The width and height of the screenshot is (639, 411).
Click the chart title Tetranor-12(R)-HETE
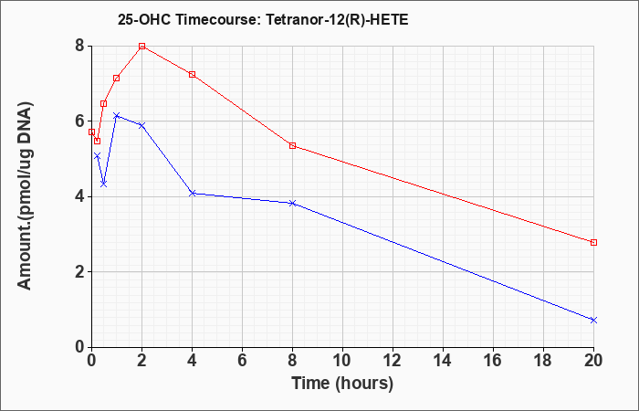pyautogui.click(x=263, y=18)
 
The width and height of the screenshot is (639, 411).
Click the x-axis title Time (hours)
pyautogui.click(x=342, y=383)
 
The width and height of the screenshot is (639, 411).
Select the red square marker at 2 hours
pyautogui.click(x=141, y=46)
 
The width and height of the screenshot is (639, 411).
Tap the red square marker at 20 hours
pyautogui.click(x=593, y=242)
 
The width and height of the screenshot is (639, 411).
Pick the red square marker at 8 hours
pyautogui.click(x=292, y=145)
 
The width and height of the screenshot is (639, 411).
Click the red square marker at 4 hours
pyautogui.click(x=192, y=74)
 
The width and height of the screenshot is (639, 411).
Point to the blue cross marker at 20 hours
pyautogui.click(x=593, y=320)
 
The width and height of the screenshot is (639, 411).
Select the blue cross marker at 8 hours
pyautogui.click(x=292, y=203)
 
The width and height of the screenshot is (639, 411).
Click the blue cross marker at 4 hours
pyautogui.click(x=192, y=193)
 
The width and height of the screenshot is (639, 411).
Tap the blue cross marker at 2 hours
pyautogui.click(x=141, y=125)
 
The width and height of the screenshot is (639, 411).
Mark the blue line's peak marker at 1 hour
pyautogui.click(x=116, y=115)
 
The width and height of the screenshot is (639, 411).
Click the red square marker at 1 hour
pyautogui.click(x=116, y=78)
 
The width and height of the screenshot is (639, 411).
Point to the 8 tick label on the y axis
pyautogui.click(x=79, y=46)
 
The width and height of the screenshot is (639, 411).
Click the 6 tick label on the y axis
pyautogui.click(x=79, y=121)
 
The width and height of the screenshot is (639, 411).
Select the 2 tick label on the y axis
pyautogui.click(x=79, y=272)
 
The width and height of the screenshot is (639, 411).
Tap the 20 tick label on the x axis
pyautogui.click(x=593, y=361)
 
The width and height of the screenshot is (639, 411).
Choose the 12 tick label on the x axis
pyautogui.click(x=393, y=361)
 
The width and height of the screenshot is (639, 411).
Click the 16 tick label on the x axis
pyautogui.click(x=493, y=361)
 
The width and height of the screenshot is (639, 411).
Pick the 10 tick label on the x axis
pyautogui.click(x=342, y=361)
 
